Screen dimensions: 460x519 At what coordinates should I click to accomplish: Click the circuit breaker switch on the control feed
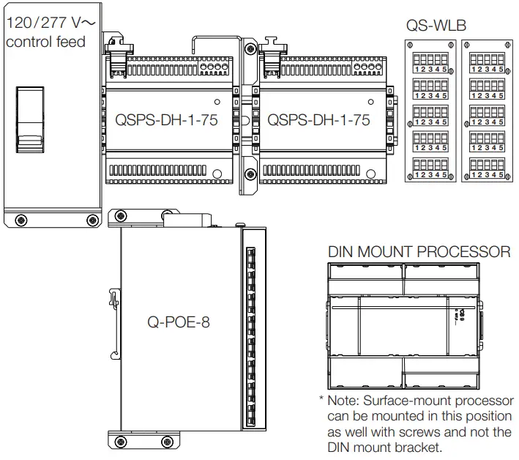(29, 119)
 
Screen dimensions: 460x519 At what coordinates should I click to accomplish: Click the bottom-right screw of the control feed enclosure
(91, 220)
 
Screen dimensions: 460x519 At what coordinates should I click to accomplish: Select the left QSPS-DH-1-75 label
(167, 120)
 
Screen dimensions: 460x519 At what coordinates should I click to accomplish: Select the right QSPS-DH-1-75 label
(318, 120)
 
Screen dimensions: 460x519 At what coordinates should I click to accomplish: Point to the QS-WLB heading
(436, 26)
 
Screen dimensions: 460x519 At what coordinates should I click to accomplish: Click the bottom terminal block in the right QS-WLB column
(487, 168)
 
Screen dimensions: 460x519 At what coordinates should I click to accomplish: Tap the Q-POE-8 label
(179, 322)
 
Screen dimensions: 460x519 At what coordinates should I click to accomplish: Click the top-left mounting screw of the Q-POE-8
(113, 217)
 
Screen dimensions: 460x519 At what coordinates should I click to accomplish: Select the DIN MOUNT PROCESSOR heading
(419, 252)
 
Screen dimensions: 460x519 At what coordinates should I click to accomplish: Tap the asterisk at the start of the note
(321, 401)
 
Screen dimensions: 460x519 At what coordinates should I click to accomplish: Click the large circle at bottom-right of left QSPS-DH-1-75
(218, 174)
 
